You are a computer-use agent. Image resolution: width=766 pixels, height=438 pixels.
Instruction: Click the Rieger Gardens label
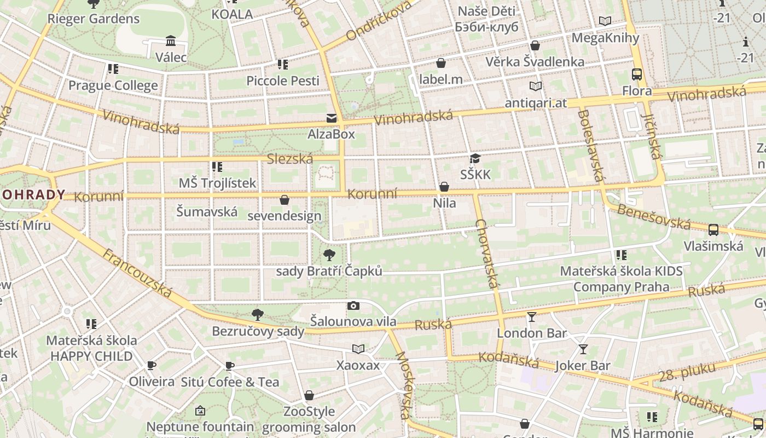[x=94, y=19]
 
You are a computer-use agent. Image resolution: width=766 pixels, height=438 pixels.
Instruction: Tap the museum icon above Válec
[x=171, y=41]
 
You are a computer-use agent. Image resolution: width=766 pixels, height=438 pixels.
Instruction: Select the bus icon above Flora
[x=637, y=74]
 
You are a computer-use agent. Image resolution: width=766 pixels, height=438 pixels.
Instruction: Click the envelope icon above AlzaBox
[x=331, y=118]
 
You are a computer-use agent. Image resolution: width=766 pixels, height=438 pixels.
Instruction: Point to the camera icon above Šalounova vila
[x=353, y=306]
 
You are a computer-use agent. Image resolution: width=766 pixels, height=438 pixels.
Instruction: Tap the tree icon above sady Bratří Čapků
[x=329, y=255]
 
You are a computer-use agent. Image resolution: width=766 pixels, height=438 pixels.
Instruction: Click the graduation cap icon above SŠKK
[x=475, y=159]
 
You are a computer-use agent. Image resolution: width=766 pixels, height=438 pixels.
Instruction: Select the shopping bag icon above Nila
[x=444, y=187]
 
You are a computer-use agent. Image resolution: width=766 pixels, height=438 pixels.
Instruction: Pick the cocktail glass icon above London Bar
[x=531, y=316]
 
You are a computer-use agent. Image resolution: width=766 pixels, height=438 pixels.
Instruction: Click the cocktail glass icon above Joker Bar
[x=583, y=349]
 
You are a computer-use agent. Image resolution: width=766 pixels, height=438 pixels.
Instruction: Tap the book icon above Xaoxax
[x=358, y=349]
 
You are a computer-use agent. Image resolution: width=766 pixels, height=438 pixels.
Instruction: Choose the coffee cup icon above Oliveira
[x=152, y=365]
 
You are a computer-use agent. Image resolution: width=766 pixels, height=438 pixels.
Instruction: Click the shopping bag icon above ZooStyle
[x=309, y=395]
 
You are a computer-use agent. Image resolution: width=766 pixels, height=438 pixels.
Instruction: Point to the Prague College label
[x=113, y=85]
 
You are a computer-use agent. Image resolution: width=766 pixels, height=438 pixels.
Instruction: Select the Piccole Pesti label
[x=283, y=80]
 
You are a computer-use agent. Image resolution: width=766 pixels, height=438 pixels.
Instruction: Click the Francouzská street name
[x=137, y=273]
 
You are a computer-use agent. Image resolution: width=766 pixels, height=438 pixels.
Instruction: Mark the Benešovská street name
[x=654, y=216]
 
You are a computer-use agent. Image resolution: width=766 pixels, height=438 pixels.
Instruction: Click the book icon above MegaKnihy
[x=605, y=21]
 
